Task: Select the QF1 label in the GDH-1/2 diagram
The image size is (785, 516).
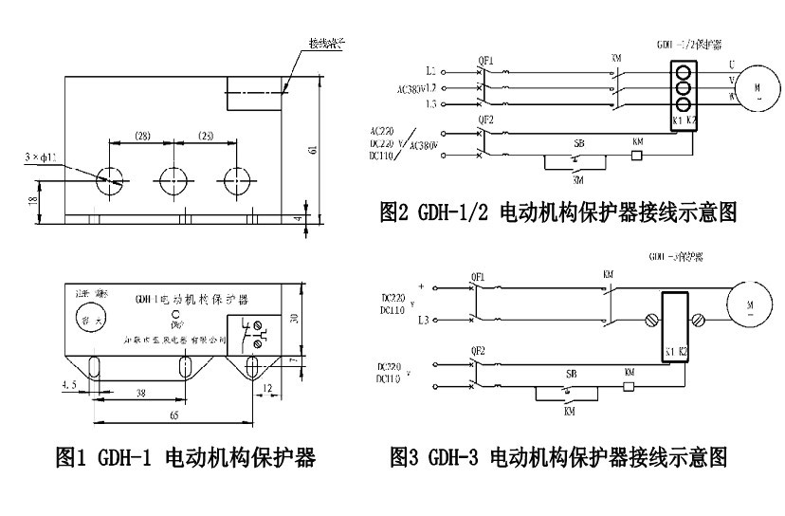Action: [x=486, y=57]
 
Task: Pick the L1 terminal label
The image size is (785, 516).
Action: [x=431, y=71]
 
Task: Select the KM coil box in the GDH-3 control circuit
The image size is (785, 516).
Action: [x=627, y=387]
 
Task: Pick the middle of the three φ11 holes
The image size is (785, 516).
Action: [x=173, y=179]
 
